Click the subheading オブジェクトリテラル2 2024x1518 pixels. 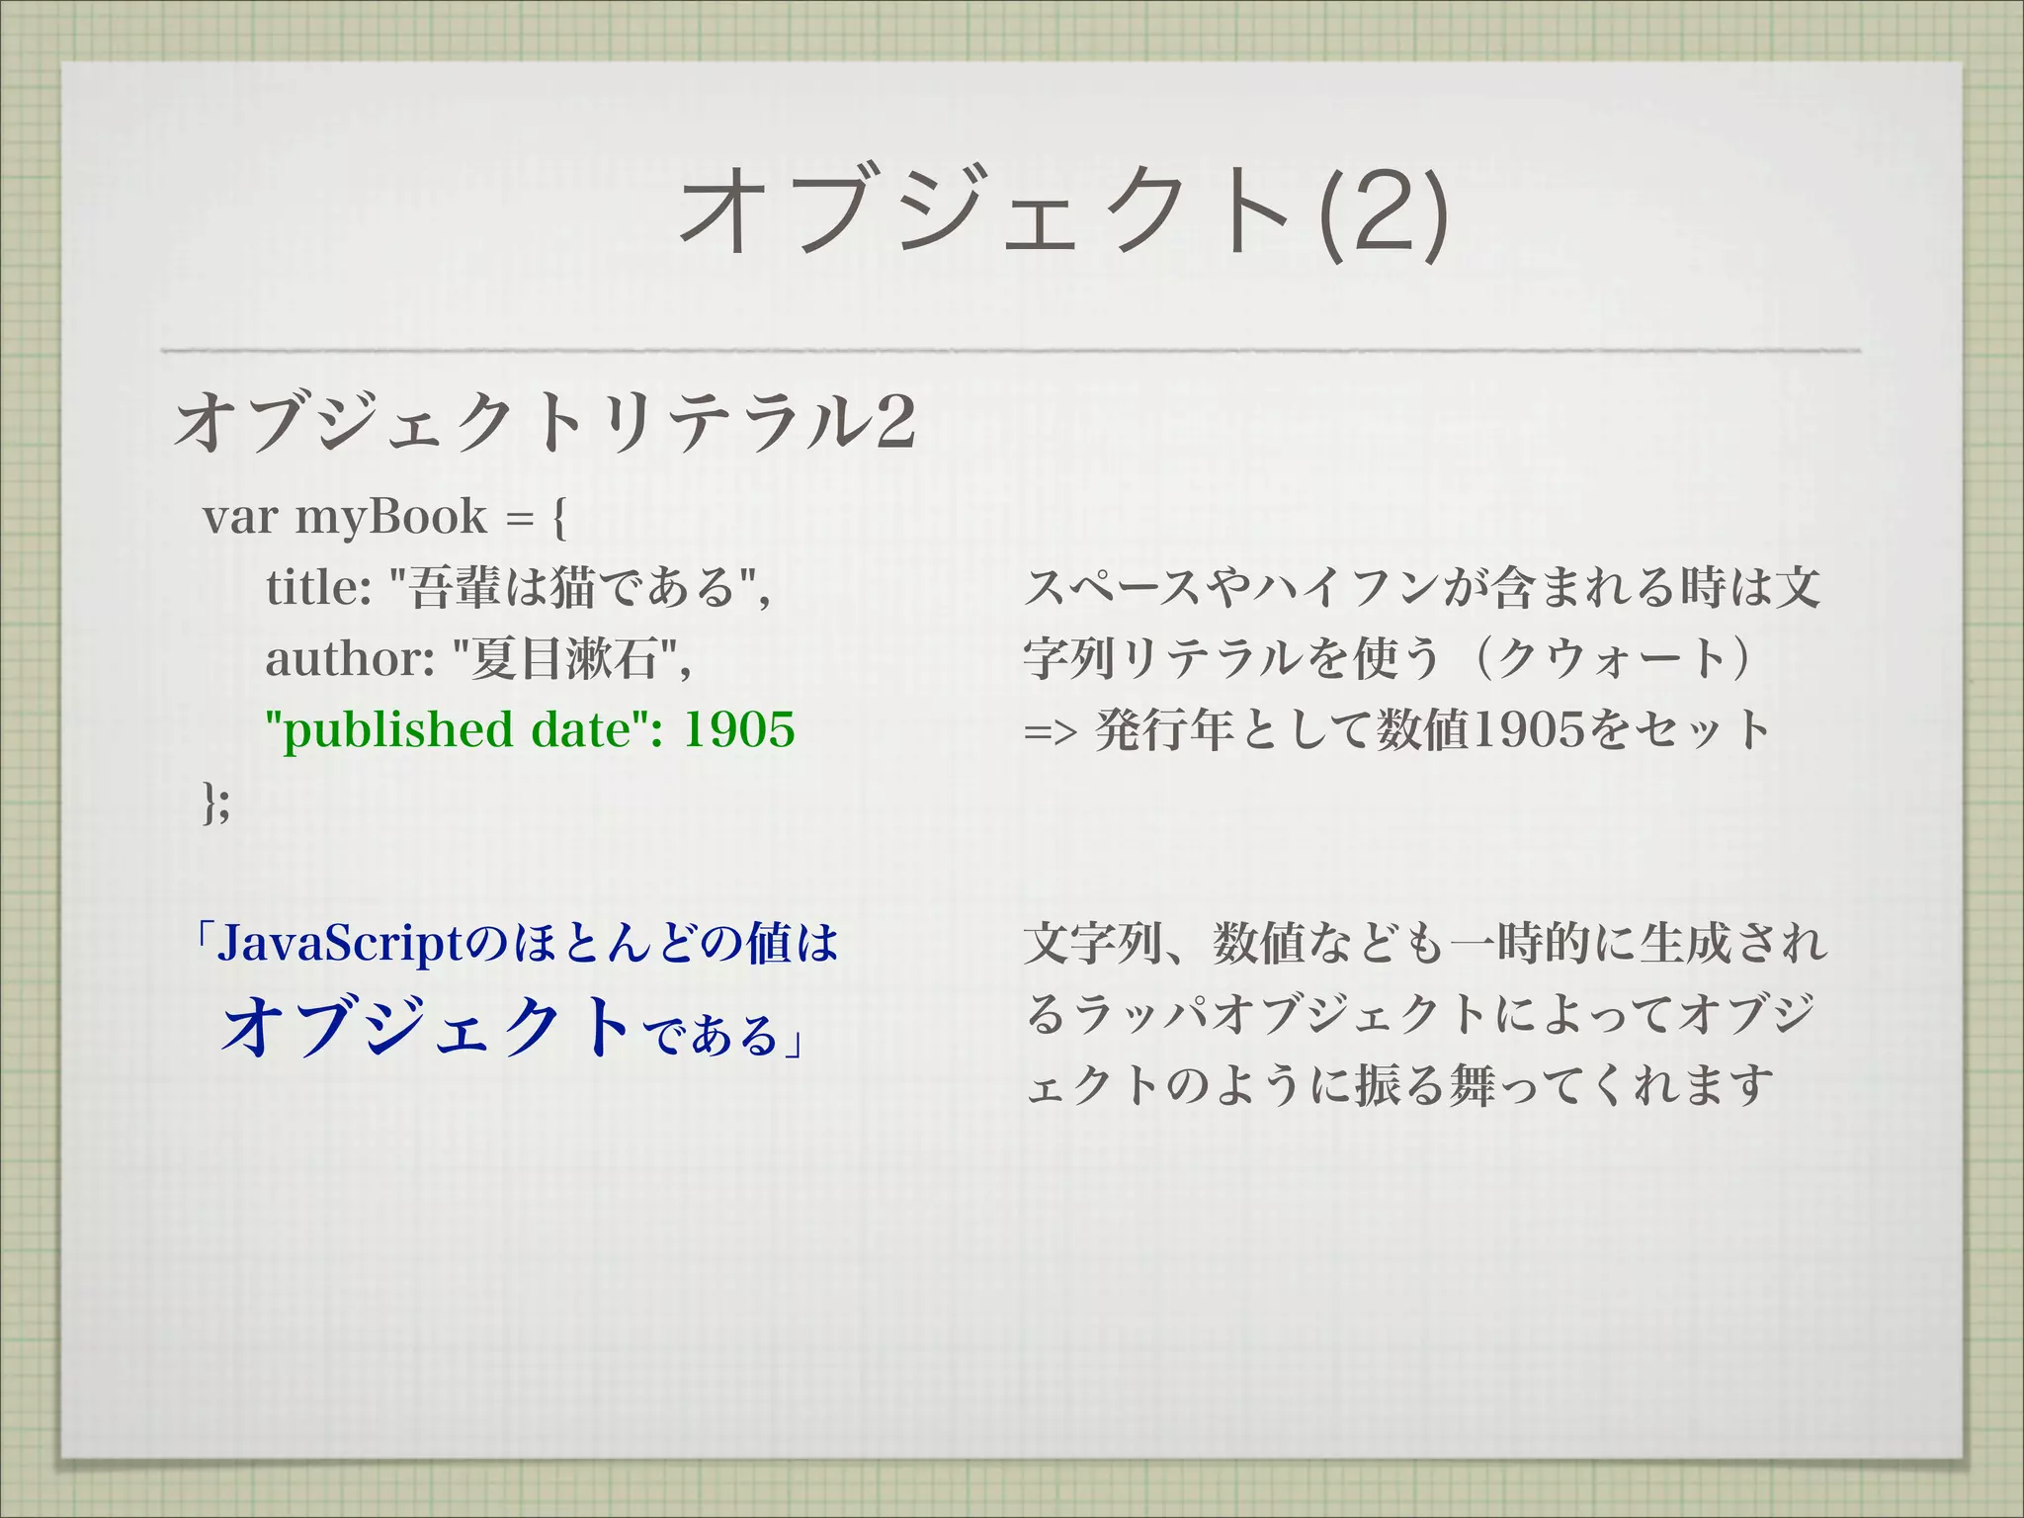tap(545, 422)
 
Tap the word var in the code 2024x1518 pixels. tap(239, 517)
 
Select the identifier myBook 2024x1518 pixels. tap(391, 517)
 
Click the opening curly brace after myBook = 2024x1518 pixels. tap(559, 517)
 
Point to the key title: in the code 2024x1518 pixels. tap(318, 588)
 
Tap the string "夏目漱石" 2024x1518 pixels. tap(567, 658)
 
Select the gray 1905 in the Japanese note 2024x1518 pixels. tap(1528, 730)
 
